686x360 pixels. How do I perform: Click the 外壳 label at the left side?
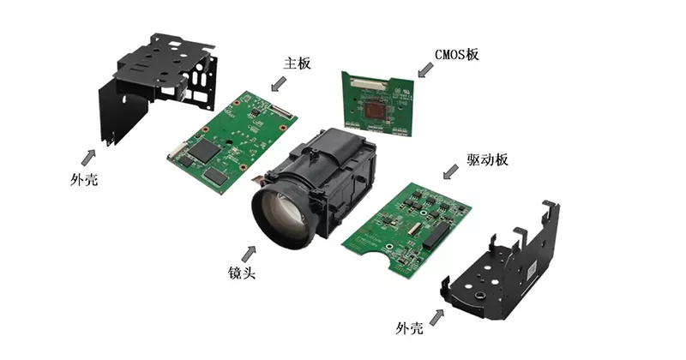(81, 182)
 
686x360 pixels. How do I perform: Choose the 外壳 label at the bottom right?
(411, 328)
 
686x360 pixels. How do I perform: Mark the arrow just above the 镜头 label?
(250, 253)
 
